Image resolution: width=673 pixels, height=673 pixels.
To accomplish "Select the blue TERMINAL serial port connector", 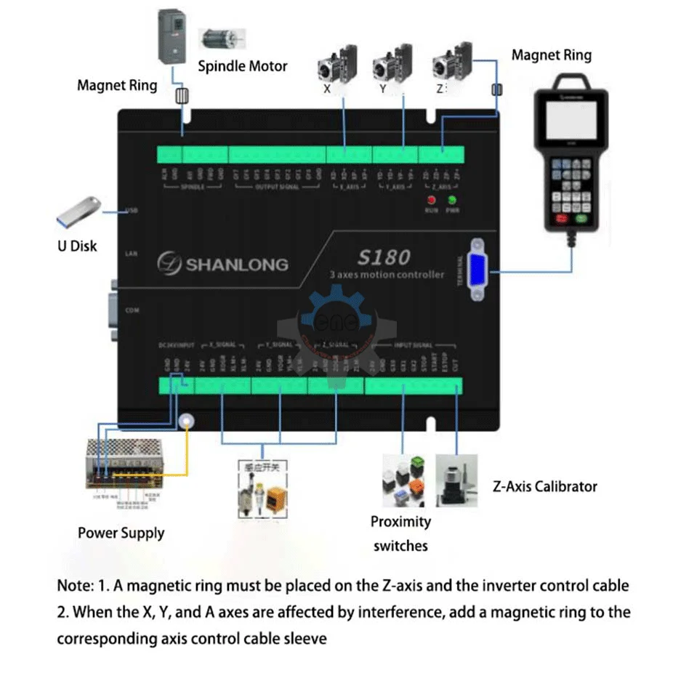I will tap(477, 270).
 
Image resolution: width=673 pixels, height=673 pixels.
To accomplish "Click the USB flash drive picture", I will tap(78, 211).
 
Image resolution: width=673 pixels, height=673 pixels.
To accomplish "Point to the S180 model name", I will tap(384, 257).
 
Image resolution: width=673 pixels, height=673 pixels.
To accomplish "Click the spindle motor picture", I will tap(221, 41).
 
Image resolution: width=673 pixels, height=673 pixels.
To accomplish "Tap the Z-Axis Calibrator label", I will tap(544, 487).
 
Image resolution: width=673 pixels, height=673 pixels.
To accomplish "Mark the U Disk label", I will tap(78, 246).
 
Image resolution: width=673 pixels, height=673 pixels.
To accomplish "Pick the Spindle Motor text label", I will tap(243, 66).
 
